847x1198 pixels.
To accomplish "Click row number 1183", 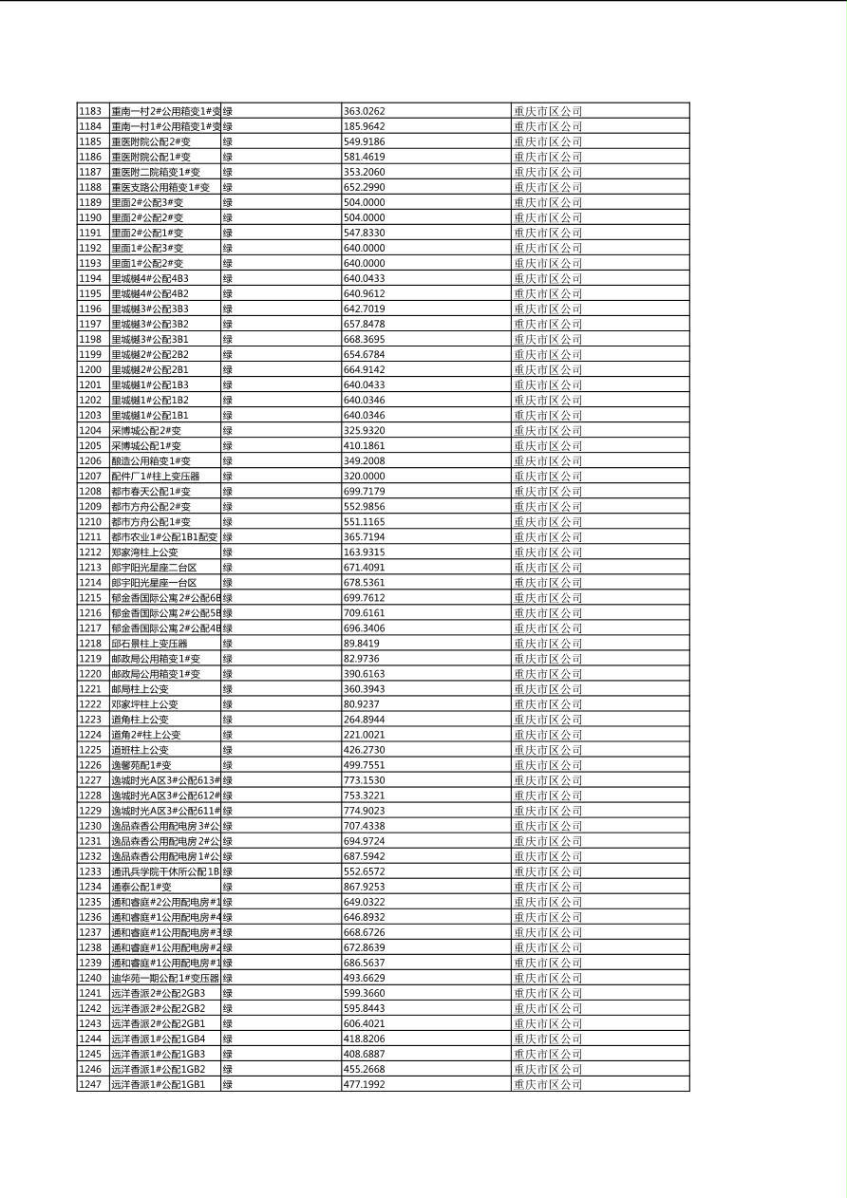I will (90, 111).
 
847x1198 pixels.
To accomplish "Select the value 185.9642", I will (365, 126).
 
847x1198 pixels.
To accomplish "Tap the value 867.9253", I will (365, 887).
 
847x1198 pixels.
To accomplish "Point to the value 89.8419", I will (362, 644).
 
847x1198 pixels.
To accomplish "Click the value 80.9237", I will (362, 704).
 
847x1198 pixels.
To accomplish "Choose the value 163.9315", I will (365, 552).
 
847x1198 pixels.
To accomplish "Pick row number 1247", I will (90, 1084).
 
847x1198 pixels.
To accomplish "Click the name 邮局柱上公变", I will (140, 689).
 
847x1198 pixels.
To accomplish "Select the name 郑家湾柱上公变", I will (144, 552).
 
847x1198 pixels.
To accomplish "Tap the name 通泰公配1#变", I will (141, 887).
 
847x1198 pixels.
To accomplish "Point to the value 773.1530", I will (365, 780).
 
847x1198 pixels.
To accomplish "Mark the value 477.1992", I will (365, 1084).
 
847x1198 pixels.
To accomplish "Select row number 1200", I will (90, 369).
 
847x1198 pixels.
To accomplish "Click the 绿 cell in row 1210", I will (228, 522).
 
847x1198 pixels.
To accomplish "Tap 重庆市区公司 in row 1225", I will (548, 750).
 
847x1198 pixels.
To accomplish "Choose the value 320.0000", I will (365, 476).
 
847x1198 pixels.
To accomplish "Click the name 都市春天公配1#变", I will (151, 492).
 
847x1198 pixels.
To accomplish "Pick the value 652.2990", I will (365, 187).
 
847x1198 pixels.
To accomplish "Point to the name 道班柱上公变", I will (140, 750).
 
